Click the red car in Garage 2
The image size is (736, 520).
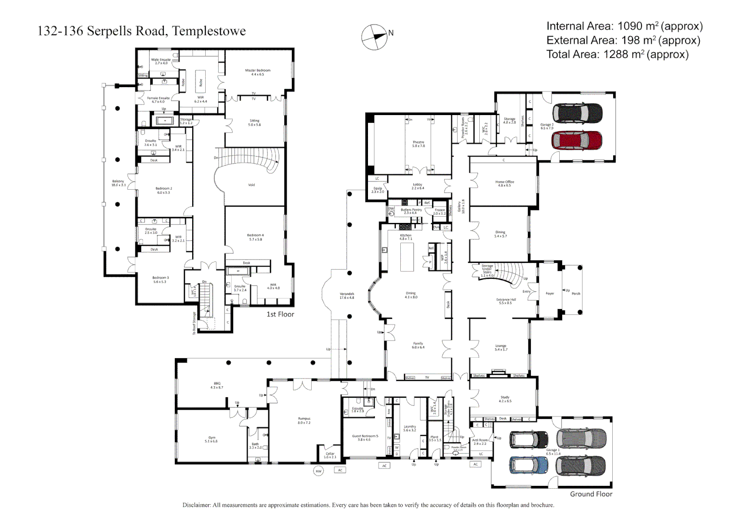577,141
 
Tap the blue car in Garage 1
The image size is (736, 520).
528,465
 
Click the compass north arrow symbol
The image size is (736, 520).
374,37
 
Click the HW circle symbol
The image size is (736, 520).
318,471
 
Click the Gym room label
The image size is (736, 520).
211,439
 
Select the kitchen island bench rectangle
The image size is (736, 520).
407,257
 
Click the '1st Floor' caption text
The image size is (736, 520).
280,314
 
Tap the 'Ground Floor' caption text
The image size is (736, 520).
591,494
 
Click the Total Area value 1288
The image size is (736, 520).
617,54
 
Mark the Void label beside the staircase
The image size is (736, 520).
251,185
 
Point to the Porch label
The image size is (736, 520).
576,293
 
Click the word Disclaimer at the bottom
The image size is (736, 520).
197,505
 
